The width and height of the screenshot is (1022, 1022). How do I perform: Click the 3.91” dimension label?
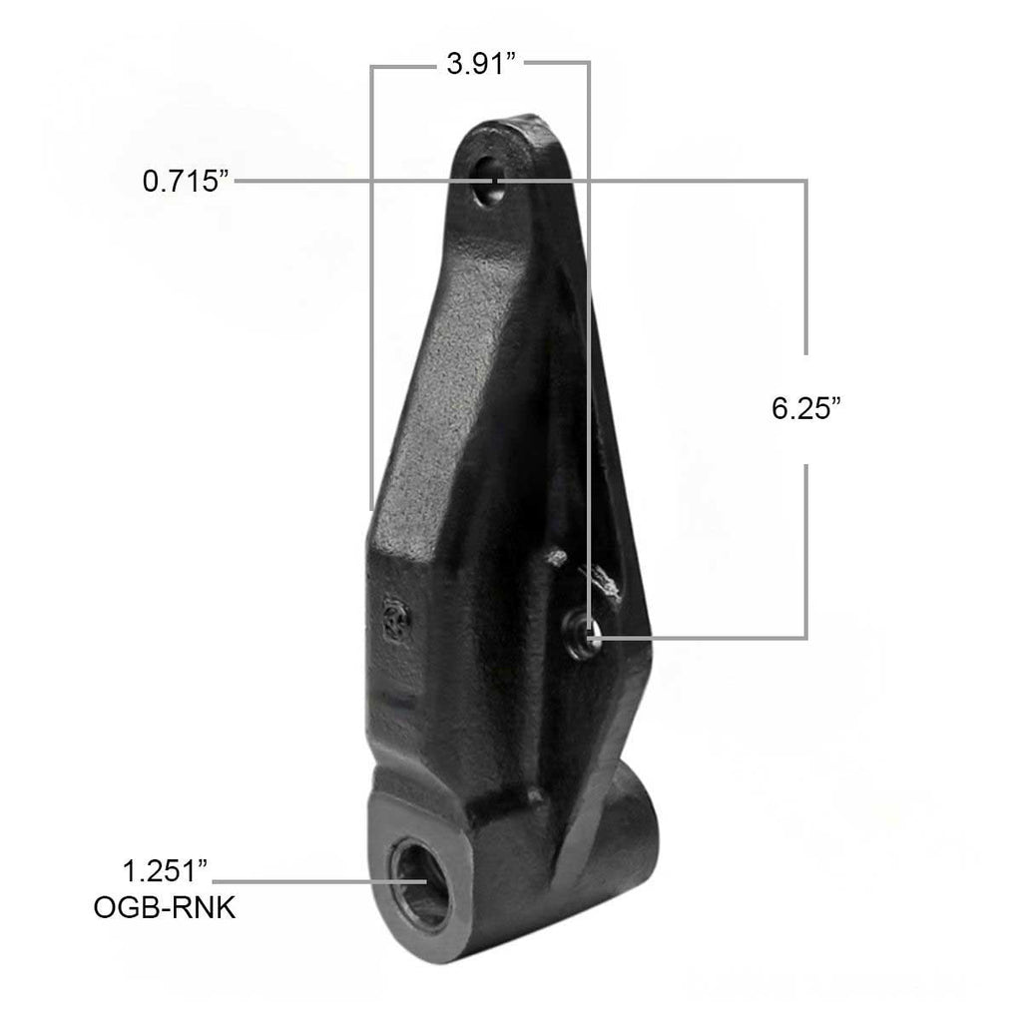pos(481,67)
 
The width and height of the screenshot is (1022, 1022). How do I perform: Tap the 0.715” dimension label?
pos(187,181)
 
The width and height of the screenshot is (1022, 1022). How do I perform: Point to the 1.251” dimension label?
pos(165,870)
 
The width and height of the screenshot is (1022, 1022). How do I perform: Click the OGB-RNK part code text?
pos(165,908)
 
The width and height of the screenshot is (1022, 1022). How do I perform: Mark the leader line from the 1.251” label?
pos(319,881)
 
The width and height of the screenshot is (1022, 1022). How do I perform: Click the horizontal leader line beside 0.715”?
pos(349,181)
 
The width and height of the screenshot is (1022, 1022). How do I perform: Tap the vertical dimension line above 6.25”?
pos(806,269)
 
